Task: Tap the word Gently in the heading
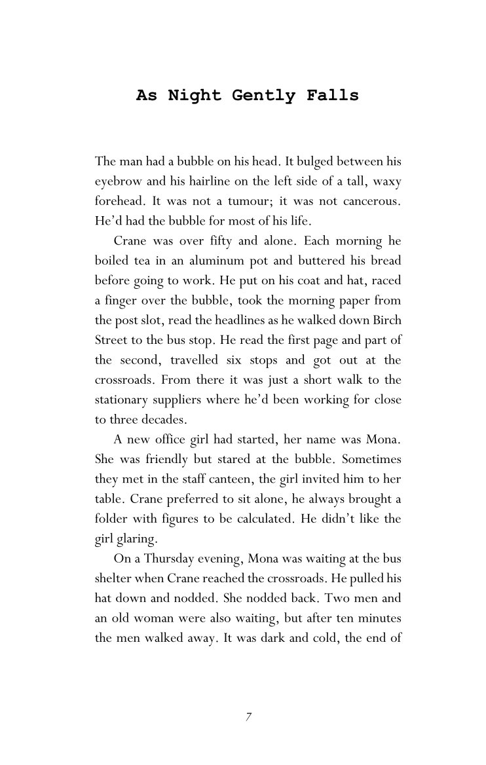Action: pos(263,96)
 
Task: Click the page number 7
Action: pos(248,717)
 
